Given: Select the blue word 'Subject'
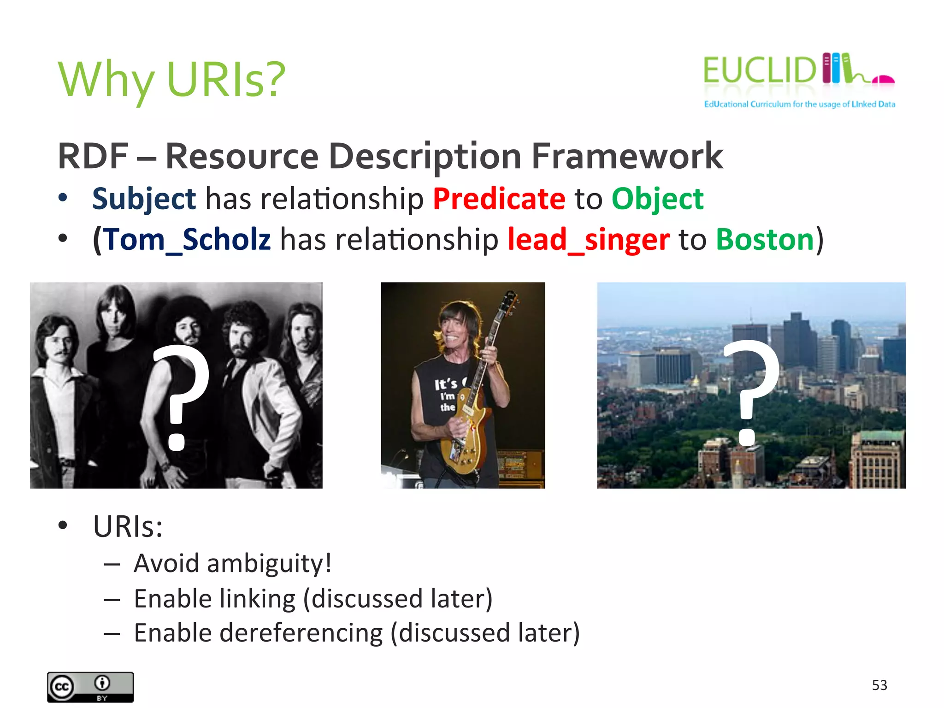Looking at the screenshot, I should [x=144, y=199].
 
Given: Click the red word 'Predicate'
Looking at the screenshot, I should [x=499, y=199].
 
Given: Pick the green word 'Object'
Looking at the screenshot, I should [x=657, y=199].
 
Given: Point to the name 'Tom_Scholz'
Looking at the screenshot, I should [x=187, y=240].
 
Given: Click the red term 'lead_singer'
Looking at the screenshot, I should [x=588, y=240].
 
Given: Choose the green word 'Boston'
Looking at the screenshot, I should [x=765, y=240].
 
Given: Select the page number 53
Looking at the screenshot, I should [x=879, y=685].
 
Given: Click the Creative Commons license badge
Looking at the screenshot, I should [x=90, y=687].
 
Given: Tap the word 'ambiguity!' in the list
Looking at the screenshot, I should [x=269, y=564].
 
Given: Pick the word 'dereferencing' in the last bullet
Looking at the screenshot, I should [x=301, y=633].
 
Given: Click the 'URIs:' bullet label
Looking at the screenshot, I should [x=128, y=526].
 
